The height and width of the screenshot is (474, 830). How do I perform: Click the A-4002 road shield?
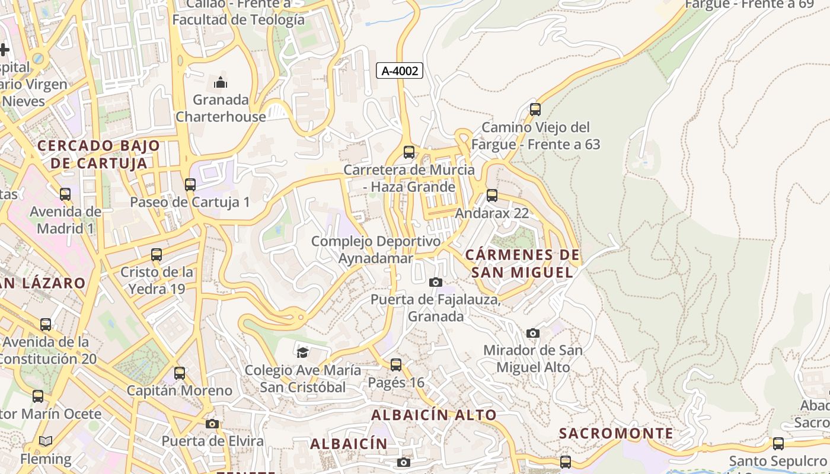[x=400, y=71]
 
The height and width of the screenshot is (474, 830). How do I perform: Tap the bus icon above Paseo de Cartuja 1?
[x=190, y=184]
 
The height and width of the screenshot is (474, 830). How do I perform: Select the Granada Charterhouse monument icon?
[x=221, y=82]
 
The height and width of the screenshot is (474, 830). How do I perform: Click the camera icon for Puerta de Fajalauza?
[x=436, y=282]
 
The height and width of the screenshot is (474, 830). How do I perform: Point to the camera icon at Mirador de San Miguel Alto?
[x=533, y=333]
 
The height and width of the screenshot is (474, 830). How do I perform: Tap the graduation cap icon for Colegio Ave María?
[x=302, y=353]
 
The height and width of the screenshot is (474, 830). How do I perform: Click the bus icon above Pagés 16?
[x=396, y=365]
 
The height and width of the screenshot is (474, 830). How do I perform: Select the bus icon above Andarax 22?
[x=491, y=196]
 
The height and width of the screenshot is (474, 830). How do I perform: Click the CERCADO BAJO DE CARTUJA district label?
[x=98, y=154]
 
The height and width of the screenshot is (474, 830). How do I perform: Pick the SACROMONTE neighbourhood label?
[x=616, y=433]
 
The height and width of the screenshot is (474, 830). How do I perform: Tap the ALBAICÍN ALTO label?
[x=433, y=415]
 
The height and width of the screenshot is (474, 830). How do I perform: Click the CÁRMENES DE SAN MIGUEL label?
[x=522, y=264]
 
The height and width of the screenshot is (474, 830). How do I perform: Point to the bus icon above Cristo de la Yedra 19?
[x=157, y=255]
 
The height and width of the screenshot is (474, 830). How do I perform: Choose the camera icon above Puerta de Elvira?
[x=212, y=424]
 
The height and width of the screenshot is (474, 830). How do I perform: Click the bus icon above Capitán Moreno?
[x=180, y=373]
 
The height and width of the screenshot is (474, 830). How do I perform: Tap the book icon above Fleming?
[x=45, y=441]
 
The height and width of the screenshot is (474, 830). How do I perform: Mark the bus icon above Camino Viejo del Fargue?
[x=535, y=110]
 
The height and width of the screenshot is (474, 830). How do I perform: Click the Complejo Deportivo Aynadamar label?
[x=376, y=249]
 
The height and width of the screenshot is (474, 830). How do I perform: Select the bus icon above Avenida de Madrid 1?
[x=65, y=194]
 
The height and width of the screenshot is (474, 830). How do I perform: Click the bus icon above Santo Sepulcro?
[x=778, y=443]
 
